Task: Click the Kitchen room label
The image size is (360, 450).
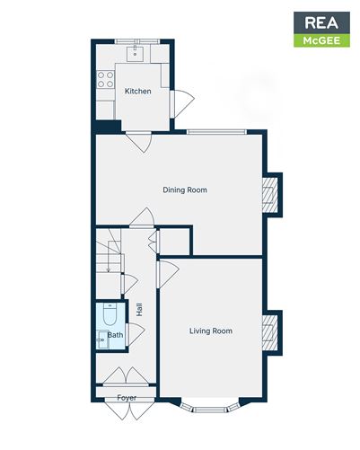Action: point(137,92)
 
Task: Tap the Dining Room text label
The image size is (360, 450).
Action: point(185,190)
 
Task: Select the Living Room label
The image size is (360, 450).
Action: point(211,331)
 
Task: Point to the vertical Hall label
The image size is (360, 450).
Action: point(140,308)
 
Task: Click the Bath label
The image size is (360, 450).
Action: point(116,335)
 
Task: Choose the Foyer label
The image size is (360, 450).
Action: point(127,397)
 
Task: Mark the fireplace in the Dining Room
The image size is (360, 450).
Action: point(268,194)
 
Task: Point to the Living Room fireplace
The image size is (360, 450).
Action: point(268,332)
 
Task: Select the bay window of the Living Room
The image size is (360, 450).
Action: point(211,408)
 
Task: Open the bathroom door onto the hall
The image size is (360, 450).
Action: point(134,334)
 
